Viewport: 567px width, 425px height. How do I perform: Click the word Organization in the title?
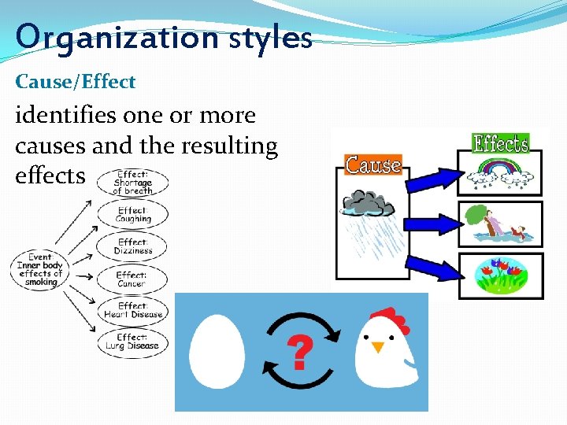point(108,37)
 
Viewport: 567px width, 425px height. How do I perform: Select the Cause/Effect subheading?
point(76,82)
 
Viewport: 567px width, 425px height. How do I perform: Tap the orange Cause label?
point(373,165)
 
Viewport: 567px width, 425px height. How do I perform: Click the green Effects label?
point(500,143)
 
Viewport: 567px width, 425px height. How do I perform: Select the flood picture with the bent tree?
point(500,224)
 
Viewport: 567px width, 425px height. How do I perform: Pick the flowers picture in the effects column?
point(500,275)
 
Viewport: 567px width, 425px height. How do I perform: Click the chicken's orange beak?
point(378,346)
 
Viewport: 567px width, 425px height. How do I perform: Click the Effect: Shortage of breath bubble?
point(132,183)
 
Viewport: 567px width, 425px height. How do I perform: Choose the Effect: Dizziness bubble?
point(132,246)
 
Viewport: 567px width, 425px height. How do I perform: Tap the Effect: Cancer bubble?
point(132,279)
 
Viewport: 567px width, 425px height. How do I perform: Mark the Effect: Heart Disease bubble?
point(132,310)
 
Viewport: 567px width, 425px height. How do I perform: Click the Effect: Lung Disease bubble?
point(132,342)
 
